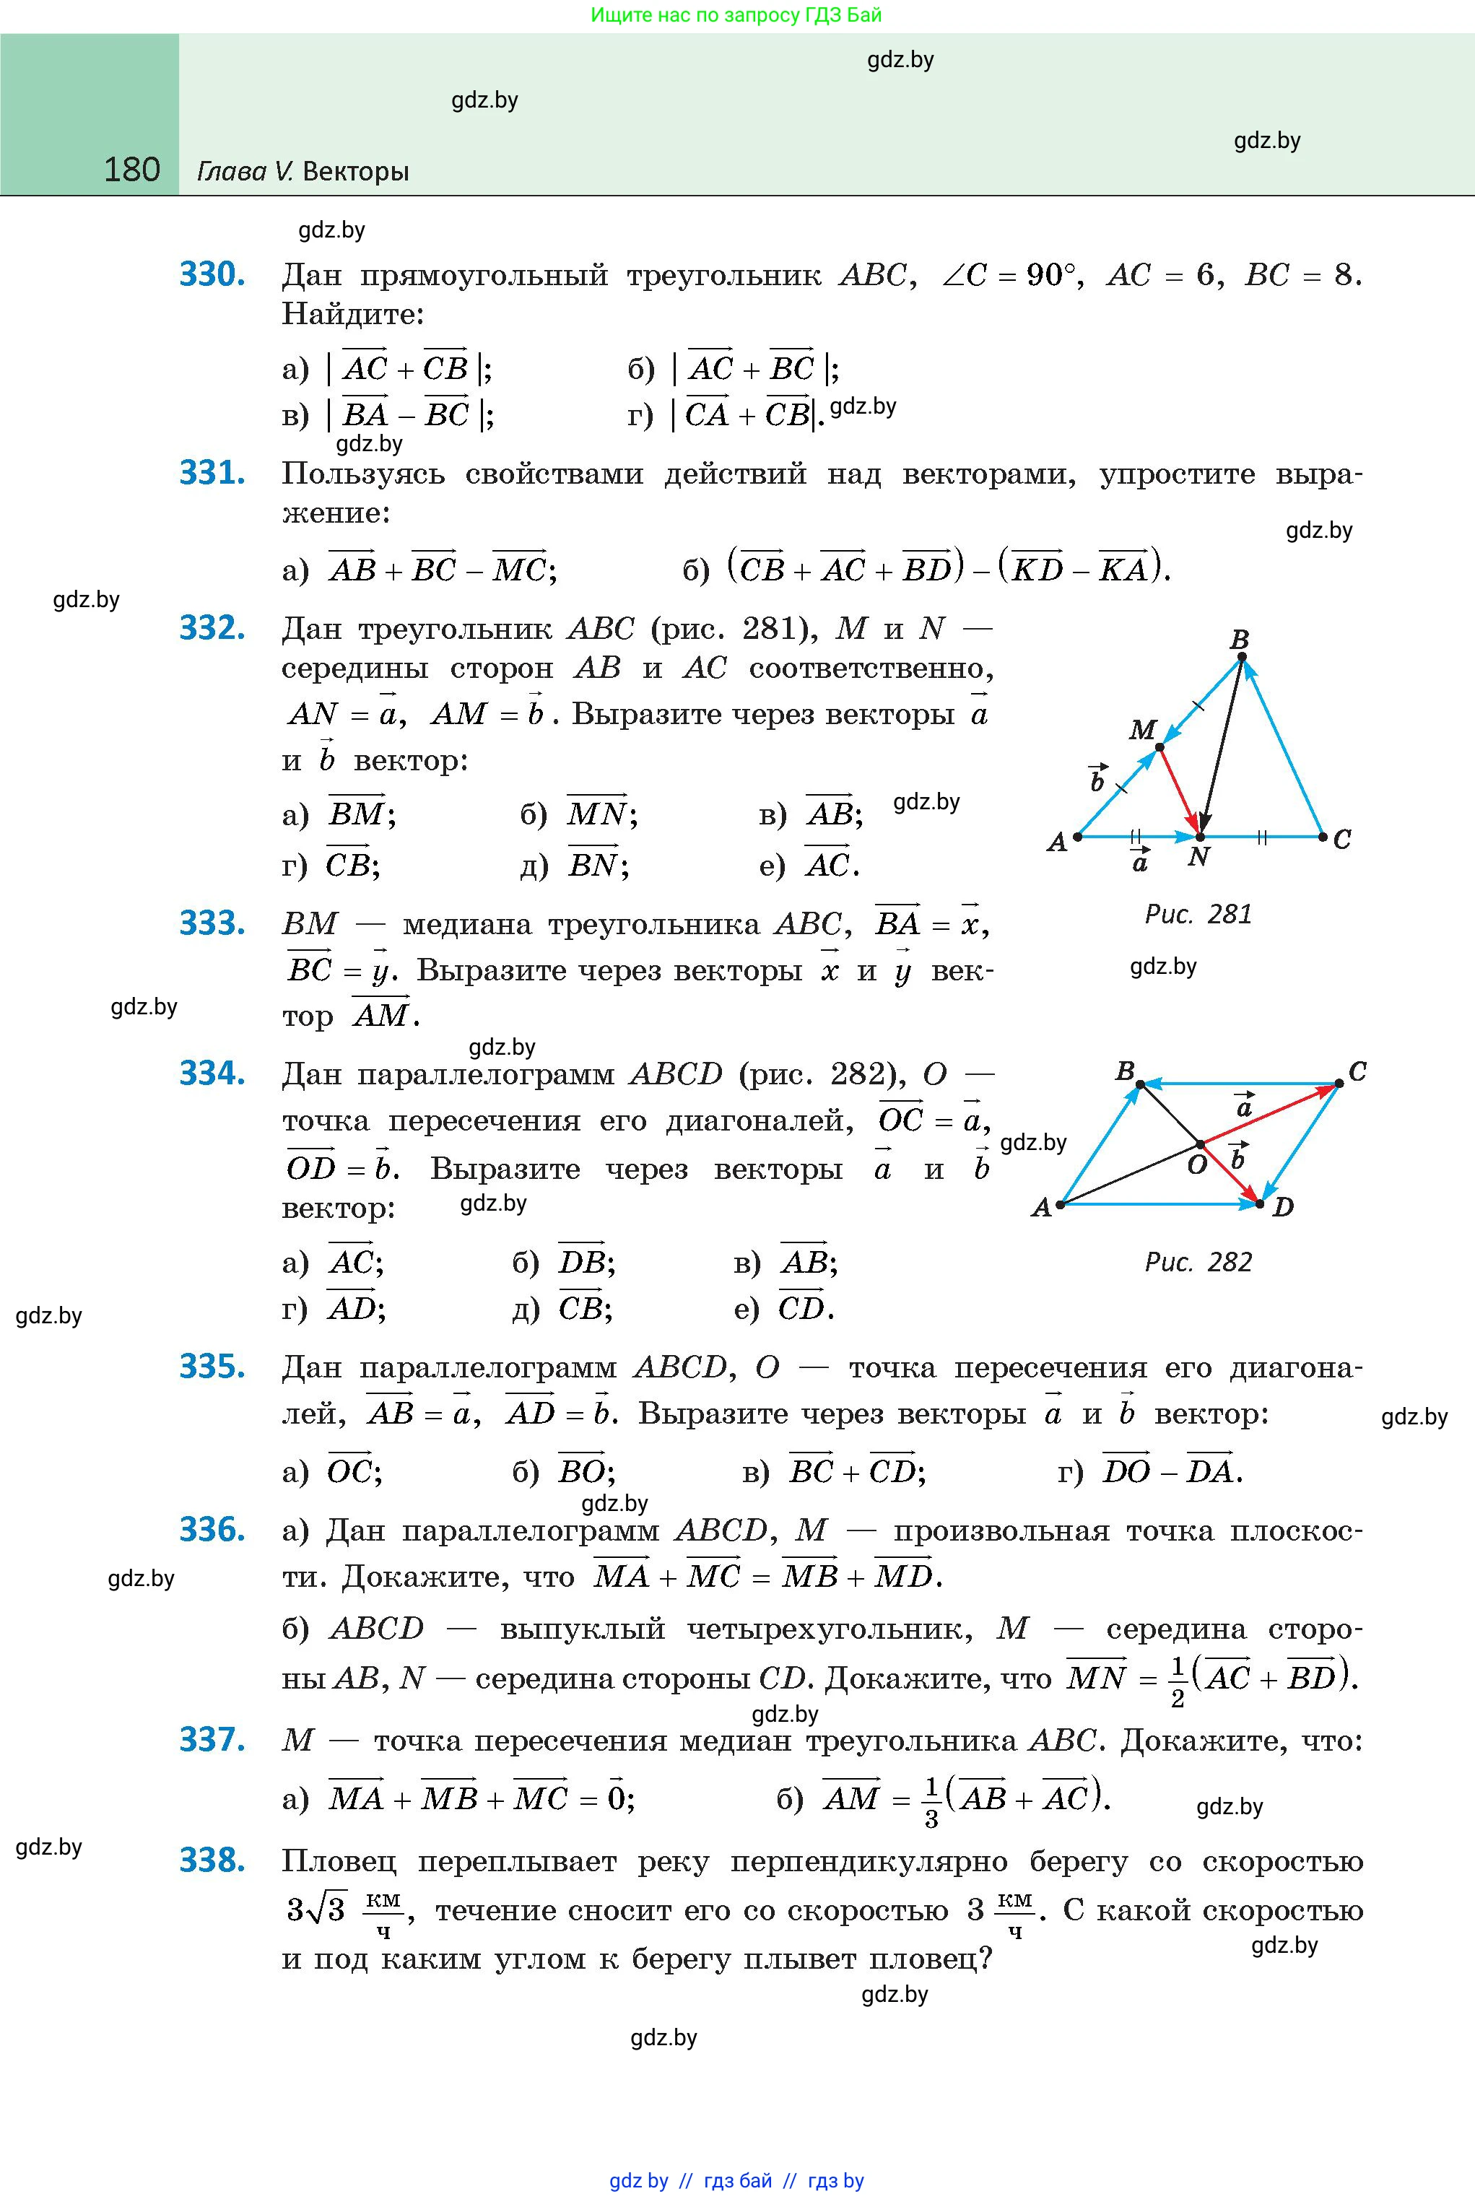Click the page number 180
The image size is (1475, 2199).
point(131,170)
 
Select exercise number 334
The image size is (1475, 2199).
point(212,1074)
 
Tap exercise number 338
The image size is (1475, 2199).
point(212,1860)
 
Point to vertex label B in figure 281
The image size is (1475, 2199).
point(1239,640)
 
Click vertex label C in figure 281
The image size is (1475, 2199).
point(1342,839)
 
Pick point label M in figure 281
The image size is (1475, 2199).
point(1142,729)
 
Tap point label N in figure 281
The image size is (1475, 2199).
point(1198,857)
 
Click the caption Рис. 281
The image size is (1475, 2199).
point(1198,914)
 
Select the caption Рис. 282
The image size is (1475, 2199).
point(1198,1262)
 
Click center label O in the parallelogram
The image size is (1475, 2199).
point(1196,1165)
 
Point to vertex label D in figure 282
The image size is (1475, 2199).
point(1283,1207)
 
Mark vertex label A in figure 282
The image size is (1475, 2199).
point(1040,1208)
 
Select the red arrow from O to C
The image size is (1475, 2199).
point(1270,1115)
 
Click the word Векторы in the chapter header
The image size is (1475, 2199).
point(357,171)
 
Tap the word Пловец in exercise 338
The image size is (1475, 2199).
point(339,1861)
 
